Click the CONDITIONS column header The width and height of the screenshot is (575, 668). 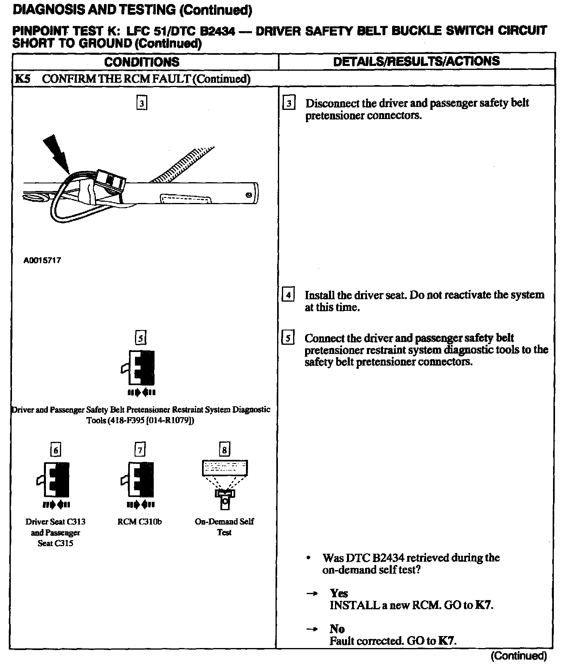[x=142, y=62]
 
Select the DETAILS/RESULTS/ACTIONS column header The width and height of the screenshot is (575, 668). [x=416, y=61]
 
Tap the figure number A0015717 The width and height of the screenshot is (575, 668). [x=42, y=260]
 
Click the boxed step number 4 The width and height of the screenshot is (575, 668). [x=288, y=296]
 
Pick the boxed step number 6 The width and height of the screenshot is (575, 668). [x=56, y=450]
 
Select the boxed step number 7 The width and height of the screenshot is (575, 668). [x=140, y=450]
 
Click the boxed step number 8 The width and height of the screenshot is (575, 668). [x=224, y=450]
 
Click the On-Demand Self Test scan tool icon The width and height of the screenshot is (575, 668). [x=225, y=483]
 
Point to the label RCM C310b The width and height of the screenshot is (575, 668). [x=140, y=522]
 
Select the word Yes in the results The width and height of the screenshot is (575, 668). [x=339, y=593]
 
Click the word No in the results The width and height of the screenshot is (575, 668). [x=337, y=629]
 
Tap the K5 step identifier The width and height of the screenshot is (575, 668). [x=22, y=79]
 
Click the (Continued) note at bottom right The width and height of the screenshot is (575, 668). [x=518, y=656]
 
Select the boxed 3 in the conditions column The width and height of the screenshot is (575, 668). [x=142, y=104]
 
